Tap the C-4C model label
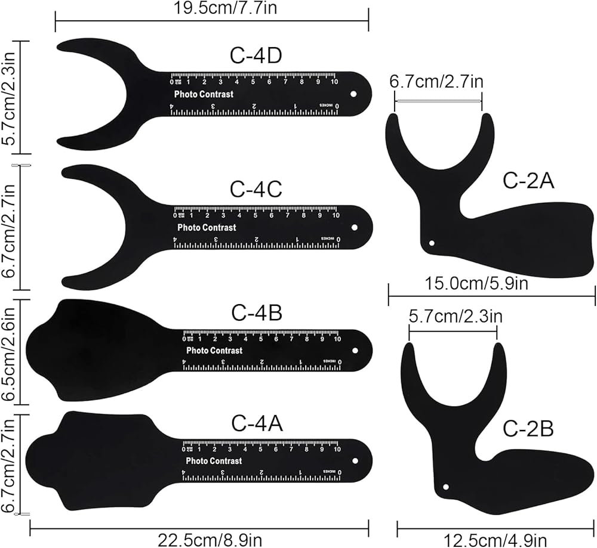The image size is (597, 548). coord(256,190)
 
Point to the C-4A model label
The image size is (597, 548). coord(257,424)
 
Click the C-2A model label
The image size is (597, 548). coord(529,181)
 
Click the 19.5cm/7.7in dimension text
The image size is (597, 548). coord(212,8)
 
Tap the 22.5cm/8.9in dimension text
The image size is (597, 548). coord(210,540)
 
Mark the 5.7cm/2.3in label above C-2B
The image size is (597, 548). coord(456,316)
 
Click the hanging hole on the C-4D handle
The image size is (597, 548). coord(353,95)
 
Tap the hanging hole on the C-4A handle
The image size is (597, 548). coord(355,461)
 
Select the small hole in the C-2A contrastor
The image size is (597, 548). coord(433,243)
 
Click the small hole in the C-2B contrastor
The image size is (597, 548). coord(445,487)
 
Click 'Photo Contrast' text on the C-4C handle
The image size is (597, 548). coord(207,227)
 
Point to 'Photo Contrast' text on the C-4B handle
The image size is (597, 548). coord(214,351)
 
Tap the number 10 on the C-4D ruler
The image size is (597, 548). coord(335,82)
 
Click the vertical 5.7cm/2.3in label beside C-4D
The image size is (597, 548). coord(8,97)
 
